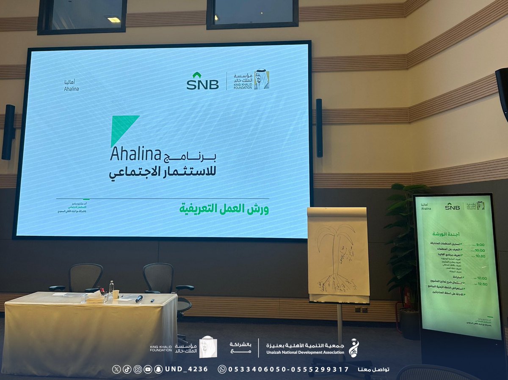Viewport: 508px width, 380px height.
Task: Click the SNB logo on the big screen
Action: coord(202,81)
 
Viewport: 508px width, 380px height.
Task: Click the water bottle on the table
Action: coord(111,290)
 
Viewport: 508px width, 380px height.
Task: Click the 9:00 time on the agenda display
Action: coord(480,244)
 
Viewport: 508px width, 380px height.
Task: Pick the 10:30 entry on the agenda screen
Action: coord(481,256)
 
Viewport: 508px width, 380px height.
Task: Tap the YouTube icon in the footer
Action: coord(148,369)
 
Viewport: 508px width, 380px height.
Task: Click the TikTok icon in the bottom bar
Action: coord(127,369)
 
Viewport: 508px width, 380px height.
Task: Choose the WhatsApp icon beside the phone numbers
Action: coord(222,369)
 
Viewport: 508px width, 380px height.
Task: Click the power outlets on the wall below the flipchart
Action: coord(361,310)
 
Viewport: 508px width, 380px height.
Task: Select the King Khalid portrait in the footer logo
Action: coord(208,347)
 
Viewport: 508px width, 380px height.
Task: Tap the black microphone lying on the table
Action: coord(139,299)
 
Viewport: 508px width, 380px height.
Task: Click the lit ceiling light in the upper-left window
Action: coord(113,19)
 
